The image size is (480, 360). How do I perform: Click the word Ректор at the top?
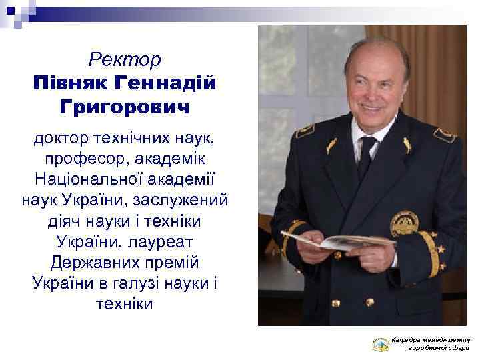click(x=125, y=61)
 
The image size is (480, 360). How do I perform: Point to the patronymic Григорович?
click(x=125, y=107)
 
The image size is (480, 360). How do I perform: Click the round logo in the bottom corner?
click(x=381, y=344)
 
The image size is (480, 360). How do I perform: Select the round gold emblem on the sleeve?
click(x=403, y=225)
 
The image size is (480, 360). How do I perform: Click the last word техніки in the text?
click(x=125, y=304)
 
